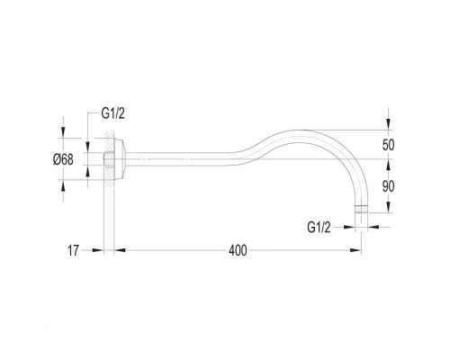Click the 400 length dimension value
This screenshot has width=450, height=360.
click(x=238, y=250)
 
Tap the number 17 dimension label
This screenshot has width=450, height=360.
click(x=73, y=250)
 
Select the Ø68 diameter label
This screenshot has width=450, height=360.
click(x=63, y=159)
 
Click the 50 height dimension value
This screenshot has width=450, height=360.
click(x=388, y=145)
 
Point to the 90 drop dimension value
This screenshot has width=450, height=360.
click(x=388, y=186)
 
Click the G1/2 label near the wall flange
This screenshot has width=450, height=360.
click(x=112, y=113)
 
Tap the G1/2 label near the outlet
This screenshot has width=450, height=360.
click(x=319, y=227)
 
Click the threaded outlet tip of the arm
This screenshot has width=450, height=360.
click(x=361, y=209)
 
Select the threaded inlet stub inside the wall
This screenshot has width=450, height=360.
click(x=109, y=159)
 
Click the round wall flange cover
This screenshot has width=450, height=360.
click(x=120, y=159)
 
